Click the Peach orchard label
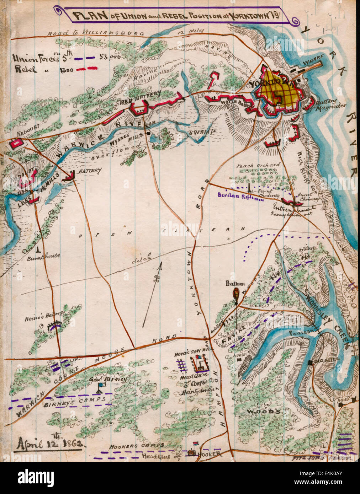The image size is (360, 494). click(x=258, y=165)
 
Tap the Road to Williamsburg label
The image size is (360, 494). click(x=96, y=32)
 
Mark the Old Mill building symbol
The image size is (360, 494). click(x=311, y=362)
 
